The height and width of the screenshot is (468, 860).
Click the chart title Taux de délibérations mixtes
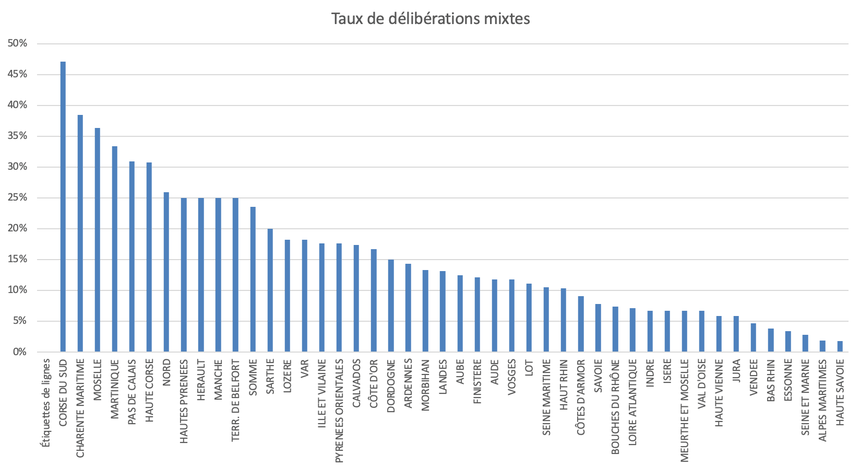(431, 19)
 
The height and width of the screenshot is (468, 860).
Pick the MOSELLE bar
(98, 240)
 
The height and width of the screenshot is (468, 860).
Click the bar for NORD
(166, 272)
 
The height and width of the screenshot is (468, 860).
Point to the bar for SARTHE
(270, 290)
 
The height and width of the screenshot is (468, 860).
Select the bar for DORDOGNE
(391, 306)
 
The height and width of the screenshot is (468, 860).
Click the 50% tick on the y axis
(18, 43)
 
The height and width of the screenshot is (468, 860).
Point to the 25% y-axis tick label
(18, 197)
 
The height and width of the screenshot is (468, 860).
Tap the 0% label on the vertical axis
(20, 352)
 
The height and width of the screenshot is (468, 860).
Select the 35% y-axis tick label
(18, 136)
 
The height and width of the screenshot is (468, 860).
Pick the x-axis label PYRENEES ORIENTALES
(339, 411)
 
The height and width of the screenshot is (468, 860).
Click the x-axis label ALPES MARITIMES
(822, 400)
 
